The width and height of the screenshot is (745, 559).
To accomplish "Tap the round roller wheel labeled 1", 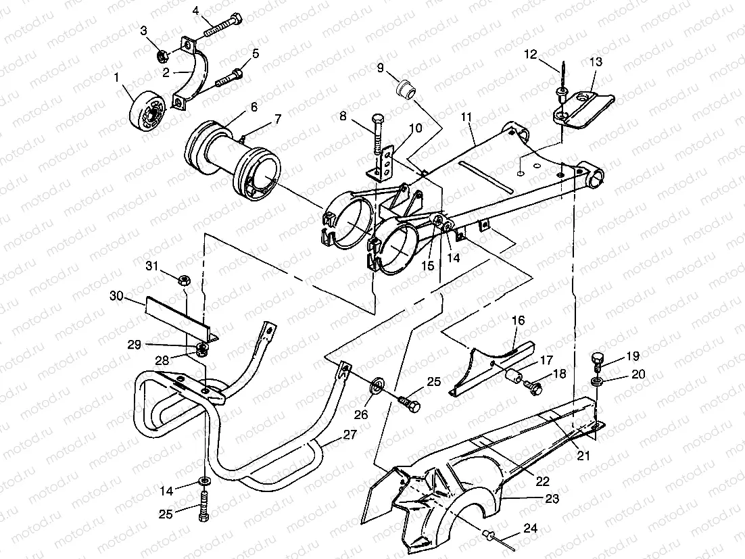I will [x=148, y=109].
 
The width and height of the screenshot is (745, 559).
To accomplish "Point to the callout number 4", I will [x=196, y=11].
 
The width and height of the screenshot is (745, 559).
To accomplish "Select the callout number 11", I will [x=465, y=117].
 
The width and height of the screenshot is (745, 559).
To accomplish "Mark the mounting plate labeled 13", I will [x=581, y=106].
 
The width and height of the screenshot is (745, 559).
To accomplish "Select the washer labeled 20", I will [x=597, y=383].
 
